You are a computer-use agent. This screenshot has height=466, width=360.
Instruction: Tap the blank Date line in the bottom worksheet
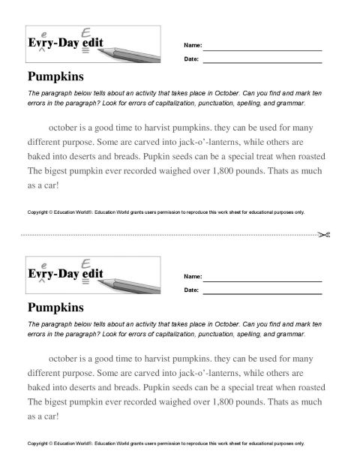(262, 291)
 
